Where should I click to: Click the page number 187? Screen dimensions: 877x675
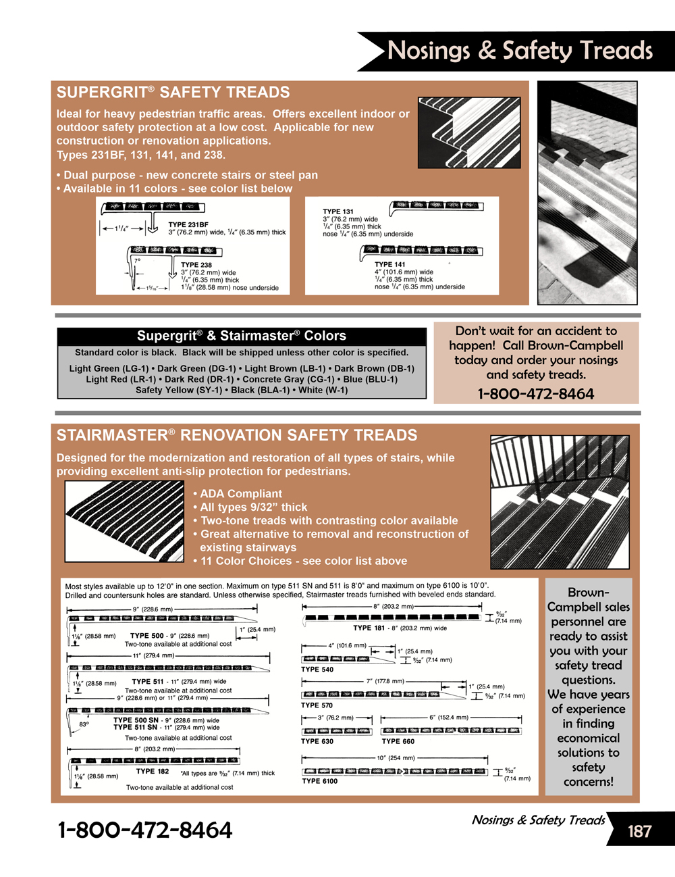(639, 830)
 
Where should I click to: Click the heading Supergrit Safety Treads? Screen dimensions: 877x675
(173, 93)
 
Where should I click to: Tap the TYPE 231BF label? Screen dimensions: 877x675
(188, 224)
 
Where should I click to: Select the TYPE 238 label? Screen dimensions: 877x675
(196, 265)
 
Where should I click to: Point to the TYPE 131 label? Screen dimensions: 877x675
(337, 211)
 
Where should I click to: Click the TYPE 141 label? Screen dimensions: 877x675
(390, 264)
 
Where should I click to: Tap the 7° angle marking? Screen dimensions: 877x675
(137, 260)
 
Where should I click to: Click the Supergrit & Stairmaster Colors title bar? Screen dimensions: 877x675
(242, 336)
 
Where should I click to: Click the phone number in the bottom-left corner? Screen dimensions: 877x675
(145, 830)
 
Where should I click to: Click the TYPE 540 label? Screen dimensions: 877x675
(317, 670)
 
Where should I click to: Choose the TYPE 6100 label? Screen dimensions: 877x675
(320, 781)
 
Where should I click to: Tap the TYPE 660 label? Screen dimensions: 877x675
(398, 741)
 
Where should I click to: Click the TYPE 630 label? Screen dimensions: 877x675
(317, 741)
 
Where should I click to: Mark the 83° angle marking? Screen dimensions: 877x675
(84, 724)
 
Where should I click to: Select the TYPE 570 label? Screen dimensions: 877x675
(317, 705)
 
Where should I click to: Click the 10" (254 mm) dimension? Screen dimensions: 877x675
(396, 758)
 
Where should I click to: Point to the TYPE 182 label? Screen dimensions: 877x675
(153, 771)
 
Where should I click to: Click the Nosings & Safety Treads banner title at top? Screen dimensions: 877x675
(520, 51)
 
